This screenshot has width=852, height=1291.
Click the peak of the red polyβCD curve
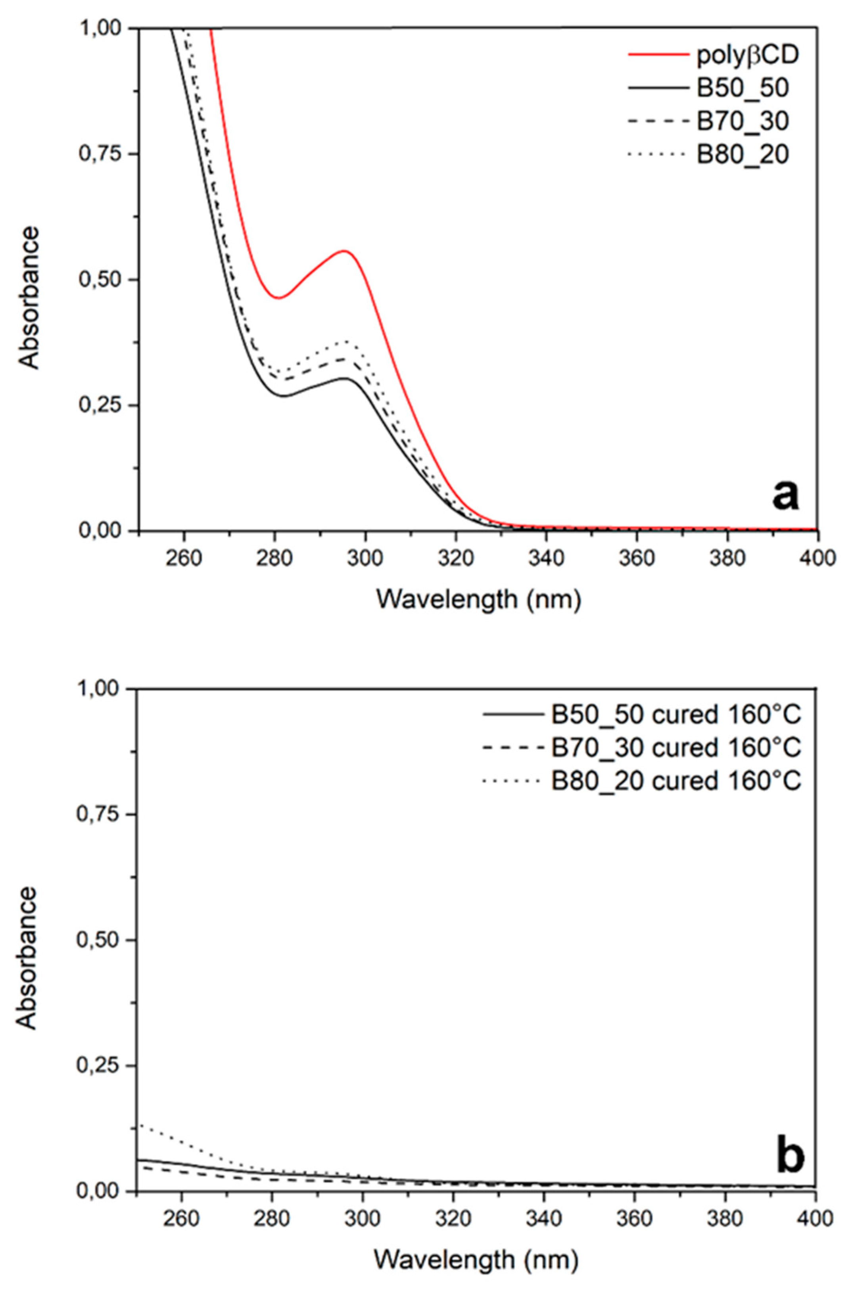345,251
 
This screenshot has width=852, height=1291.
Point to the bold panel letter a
785,495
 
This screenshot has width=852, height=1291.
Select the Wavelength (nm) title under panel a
478,600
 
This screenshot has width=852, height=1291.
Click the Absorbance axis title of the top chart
29,298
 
